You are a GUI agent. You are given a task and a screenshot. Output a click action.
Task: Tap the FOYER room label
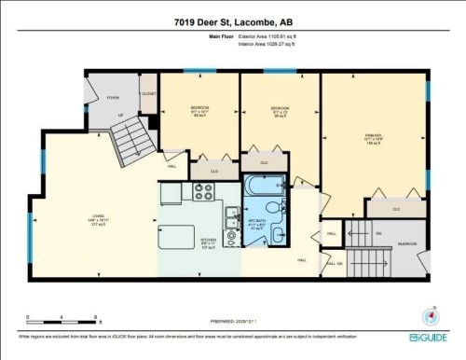pos(113,96)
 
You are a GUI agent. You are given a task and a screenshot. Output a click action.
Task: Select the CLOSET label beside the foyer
pos(147,94)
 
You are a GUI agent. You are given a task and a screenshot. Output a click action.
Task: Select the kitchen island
pos(174,238)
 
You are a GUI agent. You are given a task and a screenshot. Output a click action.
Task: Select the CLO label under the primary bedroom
pos(396,210)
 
